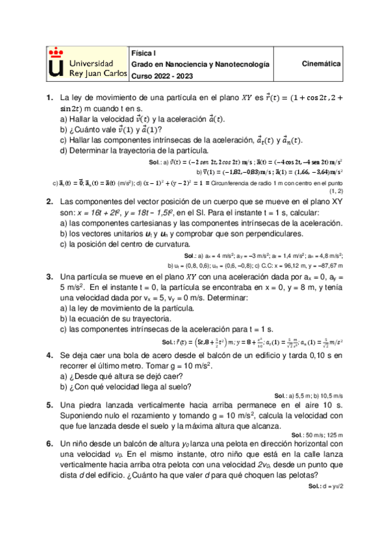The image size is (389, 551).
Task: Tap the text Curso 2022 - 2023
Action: tap(159, 76)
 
